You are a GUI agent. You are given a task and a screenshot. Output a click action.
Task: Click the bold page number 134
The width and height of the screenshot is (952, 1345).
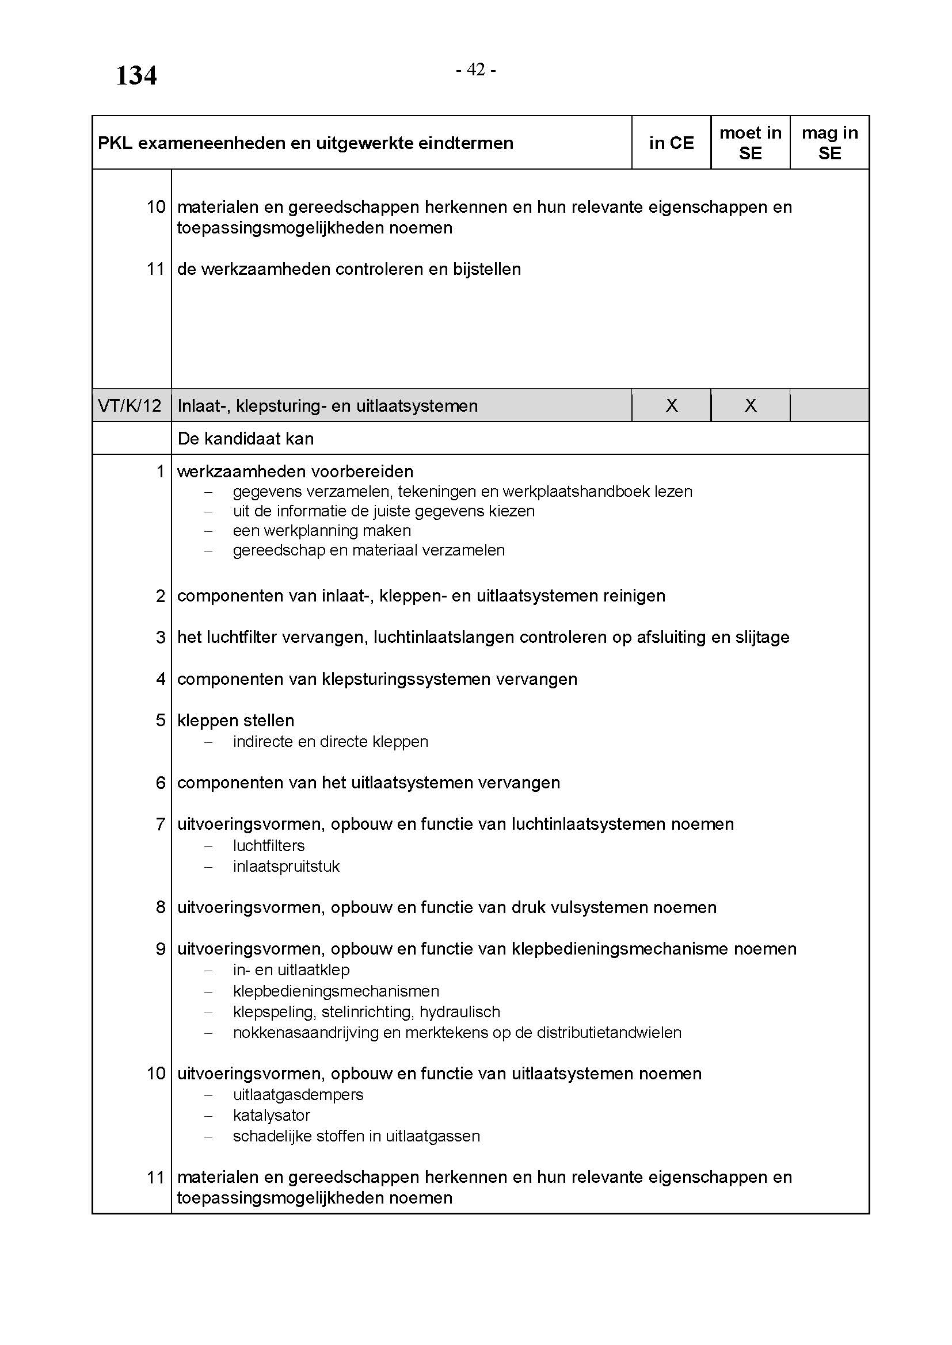click(x=136, y=76)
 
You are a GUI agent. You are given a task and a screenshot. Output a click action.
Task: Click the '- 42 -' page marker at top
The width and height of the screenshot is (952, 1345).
click(x=476, y=70)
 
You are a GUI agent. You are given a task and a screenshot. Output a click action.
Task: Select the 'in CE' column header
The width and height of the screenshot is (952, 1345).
click(x=671, y=143)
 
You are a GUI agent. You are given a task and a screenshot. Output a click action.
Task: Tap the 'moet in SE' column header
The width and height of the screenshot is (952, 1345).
click(x=751, y=143)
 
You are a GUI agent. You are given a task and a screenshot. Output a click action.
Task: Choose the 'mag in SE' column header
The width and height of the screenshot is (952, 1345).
click(x=829, y=143)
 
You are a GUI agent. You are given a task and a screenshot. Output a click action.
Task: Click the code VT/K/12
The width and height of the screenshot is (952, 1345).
click(x=130, y=405)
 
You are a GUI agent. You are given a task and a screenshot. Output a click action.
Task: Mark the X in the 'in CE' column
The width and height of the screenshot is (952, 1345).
click(x=672, y=405)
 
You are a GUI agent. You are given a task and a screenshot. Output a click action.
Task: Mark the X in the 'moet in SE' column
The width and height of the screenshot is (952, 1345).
click(x=751, y=405)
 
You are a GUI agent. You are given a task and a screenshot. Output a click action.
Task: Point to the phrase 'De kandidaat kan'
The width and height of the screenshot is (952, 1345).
click(x=246, y=439)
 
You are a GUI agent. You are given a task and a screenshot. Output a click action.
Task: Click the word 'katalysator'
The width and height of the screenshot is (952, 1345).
click(x=272, y=1116)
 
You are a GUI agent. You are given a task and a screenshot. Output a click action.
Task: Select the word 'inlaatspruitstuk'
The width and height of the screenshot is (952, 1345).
click(x=286, y=867)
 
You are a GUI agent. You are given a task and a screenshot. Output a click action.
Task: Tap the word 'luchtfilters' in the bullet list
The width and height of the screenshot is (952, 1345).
click(x=269, y=846)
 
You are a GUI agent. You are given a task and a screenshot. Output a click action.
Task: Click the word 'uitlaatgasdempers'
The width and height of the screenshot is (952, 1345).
click(x=298, y=1094)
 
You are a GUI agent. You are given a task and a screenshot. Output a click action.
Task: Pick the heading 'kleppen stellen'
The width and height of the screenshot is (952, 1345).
click(x=235, y=721)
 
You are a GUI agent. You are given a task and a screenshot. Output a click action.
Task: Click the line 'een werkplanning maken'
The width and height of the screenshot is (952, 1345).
click(x=322, y=531)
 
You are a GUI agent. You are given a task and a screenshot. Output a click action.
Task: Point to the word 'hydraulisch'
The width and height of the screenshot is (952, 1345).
click(x=459, y=1011)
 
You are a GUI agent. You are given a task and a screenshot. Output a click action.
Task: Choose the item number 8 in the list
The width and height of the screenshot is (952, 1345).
click(x=161, y=907)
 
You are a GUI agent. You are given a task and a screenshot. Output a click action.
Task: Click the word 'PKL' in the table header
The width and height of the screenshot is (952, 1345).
click(x=115, y=143)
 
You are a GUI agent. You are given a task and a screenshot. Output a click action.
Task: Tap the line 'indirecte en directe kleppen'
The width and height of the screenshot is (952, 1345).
click(x=330, y=742)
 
